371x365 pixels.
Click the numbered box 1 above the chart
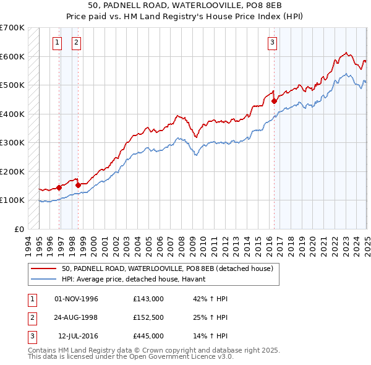pos(57,43)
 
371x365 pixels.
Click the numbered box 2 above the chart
pos(76,43)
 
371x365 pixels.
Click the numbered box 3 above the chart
pos(272,43)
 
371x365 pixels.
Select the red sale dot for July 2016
pos(274,101)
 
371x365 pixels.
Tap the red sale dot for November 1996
pos(59,187)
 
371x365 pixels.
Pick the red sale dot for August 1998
pos(79,184)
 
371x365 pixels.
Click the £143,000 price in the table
pos(148,299)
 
